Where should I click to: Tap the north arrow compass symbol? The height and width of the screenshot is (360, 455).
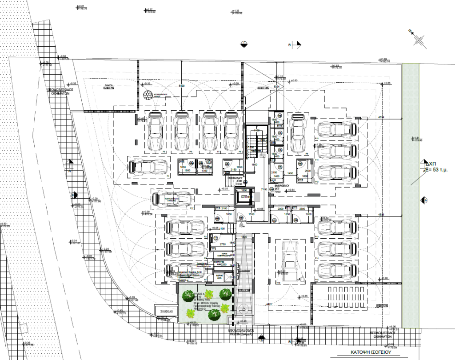[x=419, y=41]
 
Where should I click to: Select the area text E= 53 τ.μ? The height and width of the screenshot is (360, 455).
[x=436, y=170]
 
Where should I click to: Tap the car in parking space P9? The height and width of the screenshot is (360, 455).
[x=298, y=132]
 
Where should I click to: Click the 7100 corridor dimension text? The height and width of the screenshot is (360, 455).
[x=264, y=189]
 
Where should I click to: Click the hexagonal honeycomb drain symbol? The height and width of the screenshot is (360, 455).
[x=148, y=95]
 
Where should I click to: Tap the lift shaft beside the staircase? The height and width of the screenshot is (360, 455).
[x=244, y=197]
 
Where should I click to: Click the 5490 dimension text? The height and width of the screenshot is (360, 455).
[x=181, y=85]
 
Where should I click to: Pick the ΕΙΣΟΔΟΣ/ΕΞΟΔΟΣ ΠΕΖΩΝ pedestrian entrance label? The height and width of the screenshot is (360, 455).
[x=241, y=333]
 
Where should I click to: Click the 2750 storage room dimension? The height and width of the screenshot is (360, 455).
[x=223, y=245]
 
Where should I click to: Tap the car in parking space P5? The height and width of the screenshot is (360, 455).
[x=156, y=131]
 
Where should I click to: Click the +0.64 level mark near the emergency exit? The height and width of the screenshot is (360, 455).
[x=292, y=190]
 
